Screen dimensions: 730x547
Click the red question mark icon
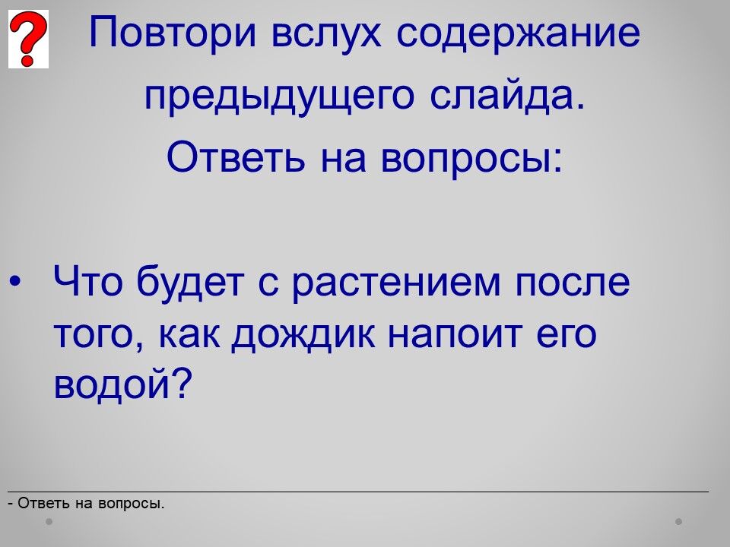click(x=28, y=39)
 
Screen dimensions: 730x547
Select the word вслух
click(x=326, y=33)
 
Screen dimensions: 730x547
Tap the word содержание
click(x=518, y=33)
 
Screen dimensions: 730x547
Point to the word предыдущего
click(x=279, y=96)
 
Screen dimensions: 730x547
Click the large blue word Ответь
click(x=236, y=157)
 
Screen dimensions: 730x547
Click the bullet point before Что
click(x=15, y=281)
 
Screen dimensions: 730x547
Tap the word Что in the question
click(x=87, y=281)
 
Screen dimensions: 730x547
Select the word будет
click(x=190, y=282)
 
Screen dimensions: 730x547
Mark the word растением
click(x=396, y=285)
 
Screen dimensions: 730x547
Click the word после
click(x=572, y=283)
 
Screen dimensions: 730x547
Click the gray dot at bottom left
click(x=49, y=521)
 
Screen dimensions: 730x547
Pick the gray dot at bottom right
click(x=679, y=522)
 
